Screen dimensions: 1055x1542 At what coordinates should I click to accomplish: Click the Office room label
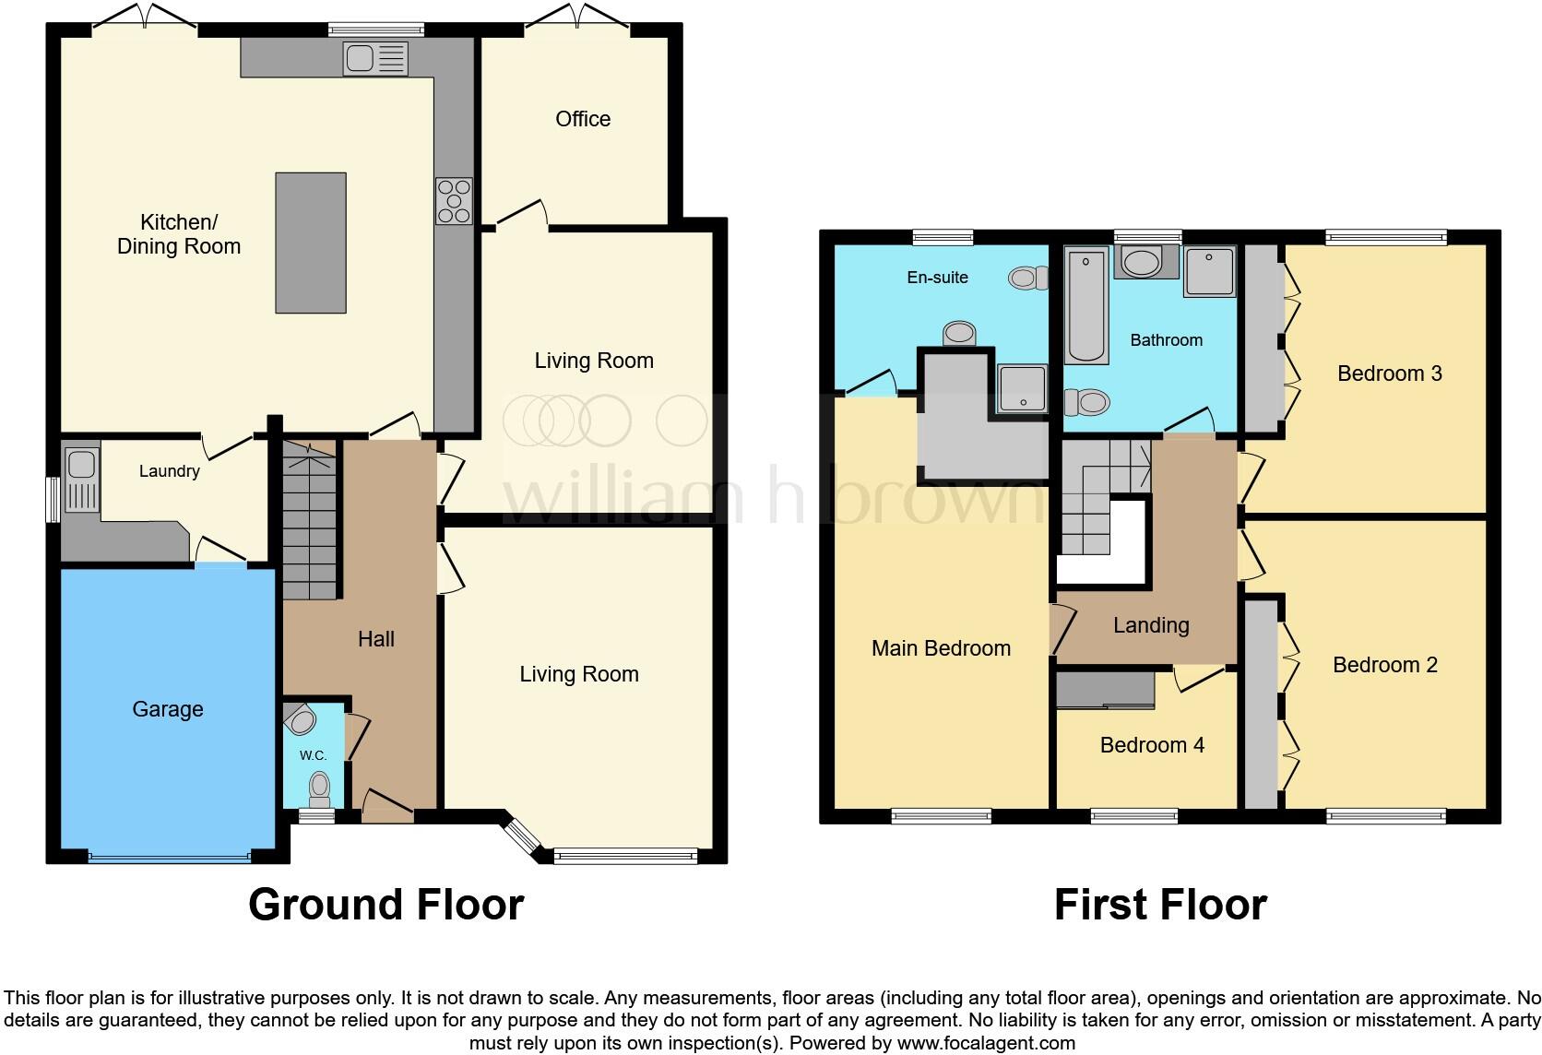point(582,119)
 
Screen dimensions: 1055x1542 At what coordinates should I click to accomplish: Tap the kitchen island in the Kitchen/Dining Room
point(311,243)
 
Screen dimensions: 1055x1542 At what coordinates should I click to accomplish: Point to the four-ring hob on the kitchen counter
point(454,201)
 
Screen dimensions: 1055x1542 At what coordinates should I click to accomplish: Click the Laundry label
point(169,471)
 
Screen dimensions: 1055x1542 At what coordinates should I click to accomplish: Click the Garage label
point(167,709)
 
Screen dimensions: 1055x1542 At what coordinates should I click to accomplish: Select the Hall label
point(375,639)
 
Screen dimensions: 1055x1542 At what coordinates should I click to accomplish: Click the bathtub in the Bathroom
point(1086,305)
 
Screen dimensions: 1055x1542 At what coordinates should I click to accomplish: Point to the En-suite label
point(937,278)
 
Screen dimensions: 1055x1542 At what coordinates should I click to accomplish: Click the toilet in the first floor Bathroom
point(1086,402)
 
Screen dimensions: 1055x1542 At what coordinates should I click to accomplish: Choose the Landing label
point(1150,625)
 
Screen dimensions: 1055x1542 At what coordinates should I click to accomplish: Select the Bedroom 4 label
point(1151,745)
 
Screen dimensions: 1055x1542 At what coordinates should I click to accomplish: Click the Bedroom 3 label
point(1389,373)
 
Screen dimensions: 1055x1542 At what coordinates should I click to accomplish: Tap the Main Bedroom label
point(941,648)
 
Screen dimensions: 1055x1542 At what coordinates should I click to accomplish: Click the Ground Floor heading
point(385,905)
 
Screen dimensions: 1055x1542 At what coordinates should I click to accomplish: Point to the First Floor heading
point(1159,905)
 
